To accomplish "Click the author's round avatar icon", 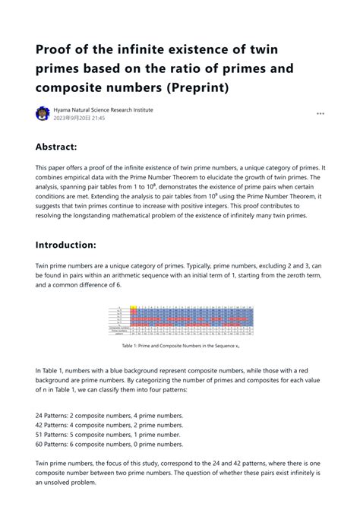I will click(x=43, y=114).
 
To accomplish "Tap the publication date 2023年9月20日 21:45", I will click(x=79, y=119).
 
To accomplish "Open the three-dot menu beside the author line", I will click(x=321, y=114).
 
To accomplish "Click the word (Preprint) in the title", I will click(x=201, y=89).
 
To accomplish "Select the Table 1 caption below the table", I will click(x=180, y=344).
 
